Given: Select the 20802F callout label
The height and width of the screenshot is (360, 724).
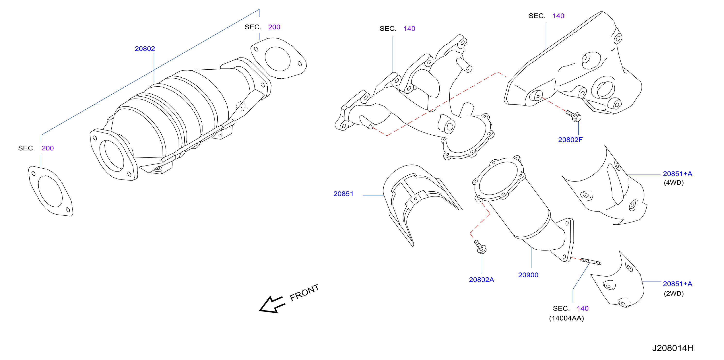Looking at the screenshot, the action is click(570, 140).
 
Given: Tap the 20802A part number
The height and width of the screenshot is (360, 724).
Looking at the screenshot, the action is click(481, 280).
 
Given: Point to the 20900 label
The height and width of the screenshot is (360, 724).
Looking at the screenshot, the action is click(528, 275).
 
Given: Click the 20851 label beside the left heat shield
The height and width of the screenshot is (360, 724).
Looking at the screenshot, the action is click(343, 194).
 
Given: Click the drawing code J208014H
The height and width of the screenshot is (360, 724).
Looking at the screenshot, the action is click(673, 348).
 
